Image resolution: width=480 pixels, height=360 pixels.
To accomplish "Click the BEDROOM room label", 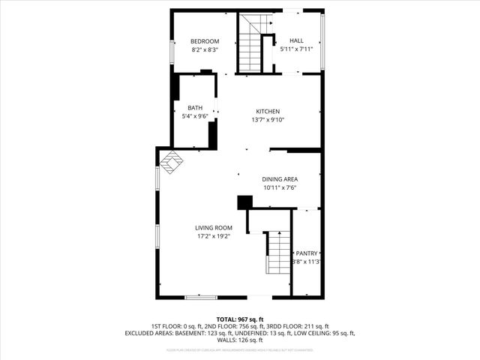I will click(x=204, y=40).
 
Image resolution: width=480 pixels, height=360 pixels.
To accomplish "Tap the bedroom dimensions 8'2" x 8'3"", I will click(x=204, y=49).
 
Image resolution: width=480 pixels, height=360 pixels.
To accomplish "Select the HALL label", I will click(x=296, y=40).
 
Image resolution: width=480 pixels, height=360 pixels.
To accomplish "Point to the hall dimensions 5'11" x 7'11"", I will click(x=296, y=49).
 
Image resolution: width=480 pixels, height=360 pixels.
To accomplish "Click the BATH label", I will click(x=195, y=107).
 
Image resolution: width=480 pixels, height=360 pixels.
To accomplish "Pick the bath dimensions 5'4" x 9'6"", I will click(x=195, y=116).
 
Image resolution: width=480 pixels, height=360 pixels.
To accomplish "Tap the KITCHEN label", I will click(x=268, y=111).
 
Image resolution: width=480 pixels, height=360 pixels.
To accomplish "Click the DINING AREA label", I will click(x=280, y=179).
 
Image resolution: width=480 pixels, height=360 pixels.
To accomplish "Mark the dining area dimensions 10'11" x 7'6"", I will click(x=280, y=188).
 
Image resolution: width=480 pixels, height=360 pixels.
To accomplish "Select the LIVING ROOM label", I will click(x=214, y=228).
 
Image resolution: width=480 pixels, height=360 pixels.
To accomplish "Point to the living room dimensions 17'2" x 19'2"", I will click(x=214, y=237).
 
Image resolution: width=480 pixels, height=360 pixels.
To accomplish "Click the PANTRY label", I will click(x=307, y=253).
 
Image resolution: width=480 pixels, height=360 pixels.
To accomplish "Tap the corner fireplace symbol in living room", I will click(x=171, y=163).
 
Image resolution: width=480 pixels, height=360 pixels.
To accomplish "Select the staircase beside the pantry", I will click(x=278, y=253).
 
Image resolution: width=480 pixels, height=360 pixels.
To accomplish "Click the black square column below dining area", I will click(x=244, y=202).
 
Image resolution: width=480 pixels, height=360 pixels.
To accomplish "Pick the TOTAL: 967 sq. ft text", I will click(x=239, y=319).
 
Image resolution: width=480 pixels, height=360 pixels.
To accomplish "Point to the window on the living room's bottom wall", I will click(x=201, y=297).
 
